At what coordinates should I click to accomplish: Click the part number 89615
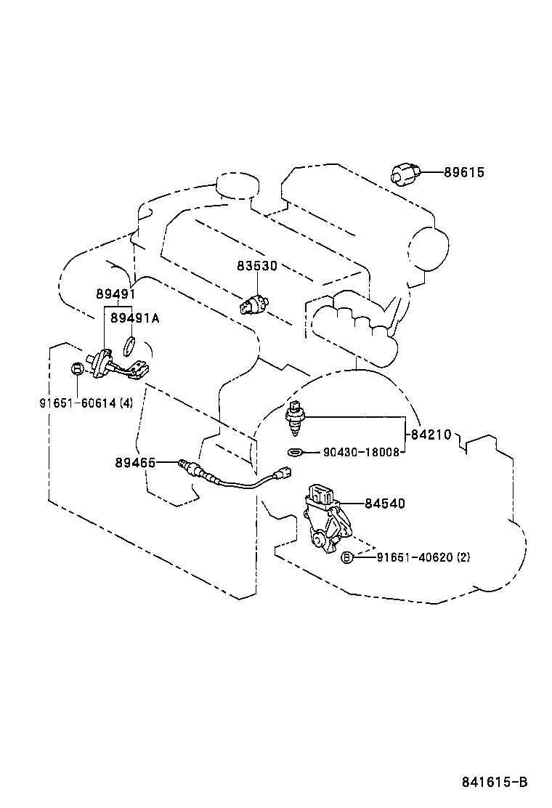point(465,173)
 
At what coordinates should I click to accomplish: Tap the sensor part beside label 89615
point(405,174)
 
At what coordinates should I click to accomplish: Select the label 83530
point(256,267)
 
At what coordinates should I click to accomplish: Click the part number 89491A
point(134,318)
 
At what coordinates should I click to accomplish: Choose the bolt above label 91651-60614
point(76,370)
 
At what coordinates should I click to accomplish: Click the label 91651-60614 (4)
point(86,403)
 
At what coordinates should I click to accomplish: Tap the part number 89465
point(135,461)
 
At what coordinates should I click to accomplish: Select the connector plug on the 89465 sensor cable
point(277,476)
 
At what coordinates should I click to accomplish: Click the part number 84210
point(431,435)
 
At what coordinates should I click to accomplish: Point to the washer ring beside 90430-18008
point(294,453)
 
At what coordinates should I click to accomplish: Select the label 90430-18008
point(361,452)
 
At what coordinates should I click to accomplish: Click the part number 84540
point(384,503)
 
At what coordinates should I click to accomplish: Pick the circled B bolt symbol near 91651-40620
point(347,557)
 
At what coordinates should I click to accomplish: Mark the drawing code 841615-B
point(494,782)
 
